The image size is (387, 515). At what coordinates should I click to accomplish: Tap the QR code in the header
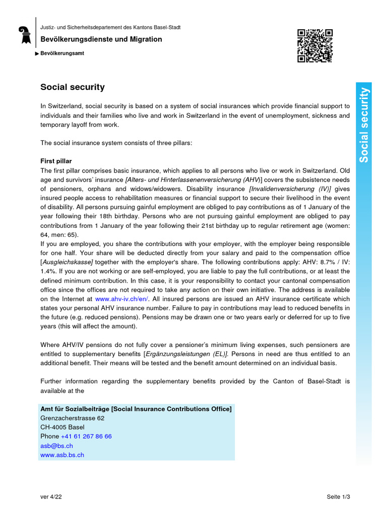click(314, 45)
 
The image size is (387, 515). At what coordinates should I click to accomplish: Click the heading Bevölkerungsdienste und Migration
click(101, 39)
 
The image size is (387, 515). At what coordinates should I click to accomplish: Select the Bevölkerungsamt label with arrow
click(62, 53)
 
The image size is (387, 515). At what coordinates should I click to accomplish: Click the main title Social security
click(73, 87)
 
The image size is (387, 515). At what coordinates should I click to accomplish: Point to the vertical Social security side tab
click(364, 125)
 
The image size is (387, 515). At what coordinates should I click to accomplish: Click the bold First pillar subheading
click(56, 161)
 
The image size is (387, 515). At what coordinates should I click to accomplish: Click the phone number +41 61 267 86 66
click(86, 436)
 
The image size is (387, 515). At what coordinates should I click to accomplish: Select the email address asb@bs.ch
click(56, 446)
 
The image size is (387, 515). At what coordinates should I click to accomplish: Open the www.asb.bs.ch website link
click(62, 455)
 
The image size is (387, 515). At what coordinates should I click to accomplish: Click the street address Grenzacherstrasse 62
click(72, 418)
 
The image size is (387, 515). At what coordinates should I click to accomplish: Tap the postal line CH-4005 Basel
click(62, 427)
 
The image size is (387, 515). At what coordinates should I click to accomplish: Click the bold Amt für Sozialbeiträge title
click(136, 409)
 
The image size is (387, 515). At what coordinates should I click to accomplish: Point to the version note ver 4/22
click(51, 497)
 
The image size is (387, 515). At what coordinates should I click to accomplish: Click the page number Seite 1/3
click(338, 497)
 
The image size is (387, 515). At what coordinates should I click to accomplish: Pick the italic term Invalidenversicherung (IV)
click(290, 189)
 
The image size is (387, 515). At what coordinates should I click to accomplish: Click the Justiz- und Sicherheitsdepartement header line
click(110, 27)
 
